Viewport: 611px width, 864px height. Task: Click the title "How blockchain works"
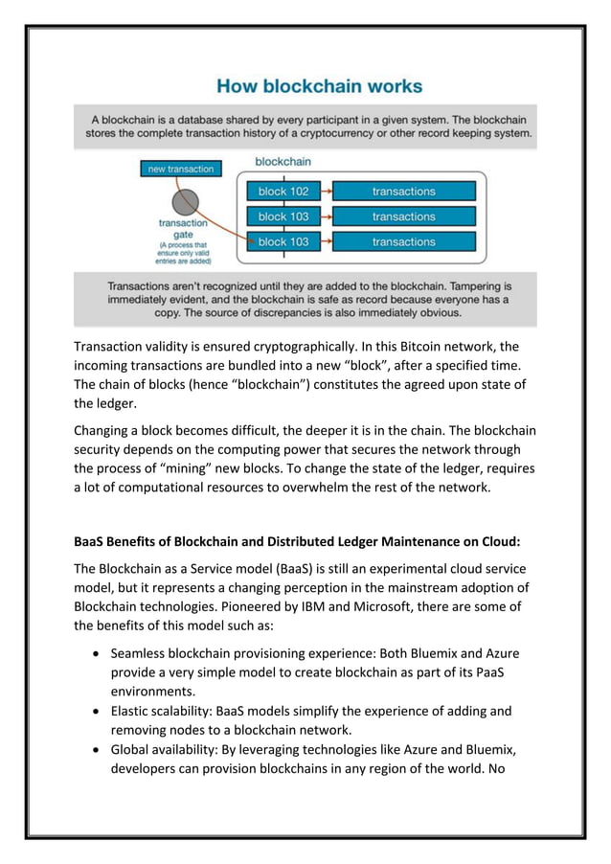(x=319, y=86)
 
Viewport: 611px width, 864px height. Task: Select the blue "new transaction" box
(x=180, y=170)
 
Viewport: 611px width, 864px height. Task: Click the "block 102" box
(x=283, y=192)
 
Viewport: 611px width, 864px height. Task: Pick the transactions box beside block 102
(x=403, y=192)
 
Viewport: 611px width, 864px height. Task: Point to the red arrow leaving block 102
(x=326, y=192)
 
